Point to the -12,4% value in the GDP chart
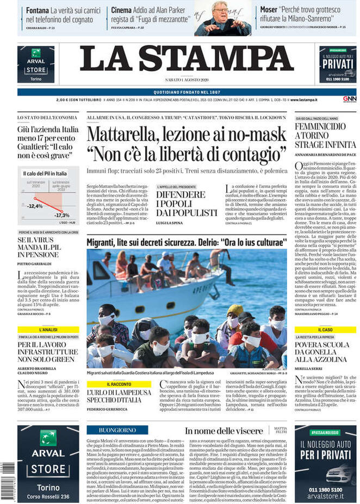[x=35, y=206]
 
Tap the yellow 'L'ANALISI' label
[x=48, y=330]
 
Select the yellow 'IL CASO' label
[x=325, y=330]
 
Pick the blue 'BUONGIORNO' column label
[x=117, y=430]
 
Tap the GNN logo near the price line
[x=349, y=100]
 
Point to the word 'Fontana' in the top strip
[x=38, y=10]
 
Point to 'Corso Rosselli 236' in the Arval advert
[x=48, y=496]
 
